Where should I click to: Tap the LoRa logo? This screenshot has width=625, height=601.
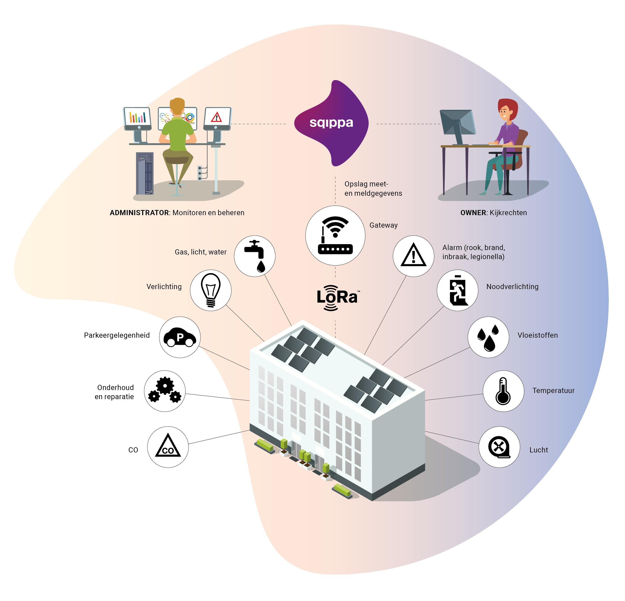coord(337,297)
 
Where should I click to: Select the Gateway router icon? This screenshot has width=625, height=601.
coord(335,235)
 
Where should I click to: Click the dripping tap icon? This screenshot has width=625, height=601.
coord(255,256)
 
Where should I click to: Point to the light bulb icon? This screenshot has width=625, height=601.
coord(211,290)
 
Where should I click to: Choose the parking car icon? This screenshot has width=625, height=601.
coord(180,337)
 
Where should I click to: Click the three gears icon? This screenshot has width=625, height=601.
coord(165,391)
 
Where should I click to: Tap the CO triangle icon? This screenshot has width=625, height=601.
coord(168,447)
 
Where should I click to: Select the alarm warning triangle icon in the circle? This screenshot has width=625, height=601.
coord(413,256)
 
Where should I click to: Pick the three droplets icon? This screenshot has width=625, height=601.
coord(488,337)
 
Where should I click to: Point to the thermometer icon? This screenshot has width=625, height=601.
coord(503,391)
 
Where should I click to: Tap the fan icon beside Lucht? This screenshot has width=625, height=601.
coord(499,447)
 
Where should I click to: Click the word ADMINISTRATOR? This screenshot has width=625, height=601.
coord(139,213)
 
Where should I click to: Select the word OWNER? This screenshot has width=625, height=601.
coord(473,213)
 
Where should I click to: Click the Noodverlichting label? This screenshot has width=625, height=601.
coord(512,287)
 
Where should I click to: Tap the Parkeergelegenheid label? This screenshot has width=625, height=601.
coord(117,335)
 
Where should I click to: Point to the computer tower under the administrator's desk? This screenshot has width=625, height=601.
coord(145,173)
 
